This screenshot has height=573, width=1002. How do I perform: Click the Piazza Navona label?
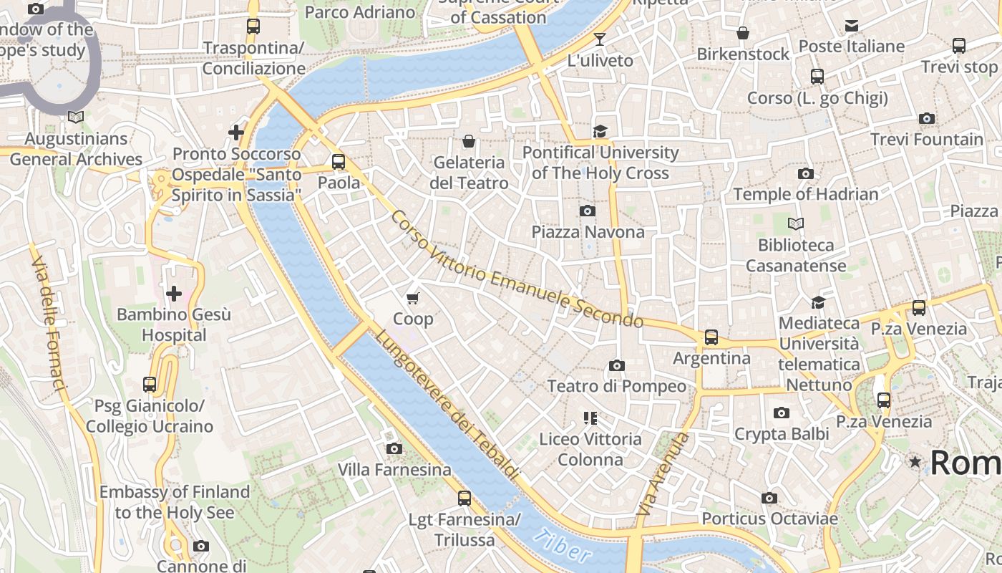588,232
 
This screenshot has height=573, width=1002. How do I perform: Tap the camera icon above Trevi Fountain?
927,118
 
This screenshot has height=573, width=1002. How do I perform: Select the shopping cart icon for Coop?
413,298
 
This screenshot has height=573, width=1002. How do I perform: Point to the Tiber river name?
563,545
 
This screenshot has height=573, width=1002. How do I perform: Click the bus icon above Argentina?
711,337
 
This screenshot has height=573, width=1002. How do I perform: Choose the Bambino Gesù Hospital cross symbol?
174,293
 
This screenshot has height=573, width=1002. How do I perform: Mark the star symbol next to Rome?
915,462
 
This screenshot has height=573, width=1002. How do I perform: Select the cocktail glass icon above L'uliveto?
600,39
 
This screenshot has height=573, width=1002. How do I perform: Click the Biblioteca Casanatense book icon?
795,224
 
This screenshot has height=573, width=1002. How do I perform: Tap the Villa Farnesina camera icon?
394,449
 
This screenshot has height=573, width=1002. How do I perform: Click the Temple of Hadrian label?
805,194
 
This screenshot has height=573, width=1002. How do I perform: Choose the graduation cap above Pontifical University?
600,131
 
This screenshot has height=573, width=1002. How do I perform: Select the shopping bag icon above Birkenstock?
743,33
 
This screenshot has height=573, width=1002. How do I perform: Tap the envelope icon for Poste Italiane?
851,26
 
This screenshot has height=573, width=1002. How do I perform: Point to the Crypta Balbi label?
782,434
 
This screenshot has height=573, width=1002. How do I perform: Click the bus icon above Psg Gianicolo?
149,385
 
